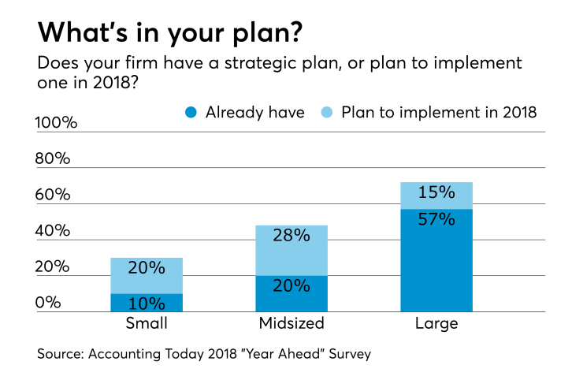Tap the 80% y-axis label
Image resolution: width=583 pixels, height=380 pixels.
point(54,158)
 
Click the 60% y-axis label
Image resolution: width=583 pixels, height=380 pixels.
point(54,195)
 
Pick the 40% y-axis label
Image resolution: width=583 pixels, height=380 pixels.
point(54,231)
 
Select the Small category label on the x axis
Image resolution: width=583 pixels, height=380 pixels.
point(147,323)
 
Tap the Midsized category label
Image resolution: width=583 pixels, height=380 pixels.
point(291,323)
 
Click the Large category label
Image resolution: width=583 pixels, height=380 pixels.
point(436,323)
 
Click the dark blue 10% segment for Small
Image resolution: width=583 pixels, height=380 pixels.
point(147,303)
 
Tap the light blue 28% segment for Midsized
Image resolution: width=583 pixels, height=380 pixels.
point(291,250)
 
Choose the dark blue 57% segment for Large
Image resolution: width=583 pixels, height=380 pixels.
point(436,260)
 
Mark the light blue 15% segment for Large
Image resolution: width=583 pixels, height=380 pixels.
point(436,195)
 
